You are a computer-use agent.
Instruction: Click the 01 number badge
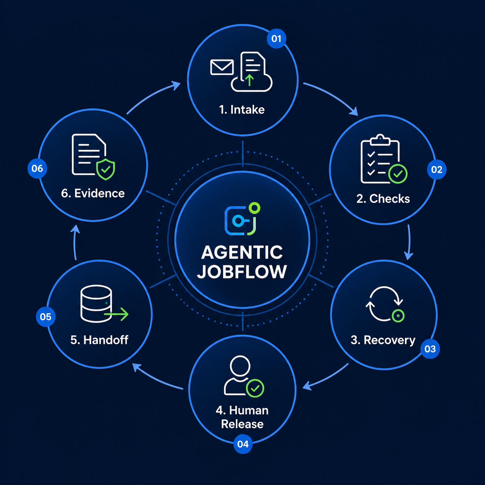276,39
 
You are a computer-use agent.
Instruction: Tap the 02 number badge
436,169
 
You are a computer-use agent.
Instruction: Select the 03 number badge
430,348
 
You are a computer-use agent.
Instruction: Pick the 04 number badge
242,444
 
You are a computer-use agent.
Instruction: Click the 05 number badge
46,317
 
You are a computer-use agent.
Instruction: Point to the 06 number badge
37,168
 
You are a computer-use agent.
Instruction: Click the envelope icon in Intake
222,67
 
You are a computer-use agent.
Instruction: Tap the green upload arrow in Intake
249,80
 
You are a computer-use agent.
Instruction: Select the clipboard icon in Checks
380,159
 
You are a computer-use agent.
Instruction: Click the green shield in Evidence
106,169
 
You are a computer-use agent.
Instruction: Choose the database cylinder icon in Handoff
96,304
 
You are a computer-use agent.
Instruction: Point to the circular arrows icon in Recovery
384,304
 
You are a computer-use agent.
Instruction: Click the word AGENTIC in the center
242,253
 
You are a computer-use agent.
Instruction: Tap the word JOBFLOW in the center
242,272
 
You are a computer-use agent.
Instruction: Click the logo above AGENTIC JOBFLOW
242,219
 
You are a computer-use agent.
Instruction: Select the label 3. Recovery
383,340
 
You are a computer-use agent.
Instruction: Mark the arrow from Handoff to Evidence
75,242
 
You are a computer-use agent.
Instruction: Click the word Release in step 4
242,424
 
